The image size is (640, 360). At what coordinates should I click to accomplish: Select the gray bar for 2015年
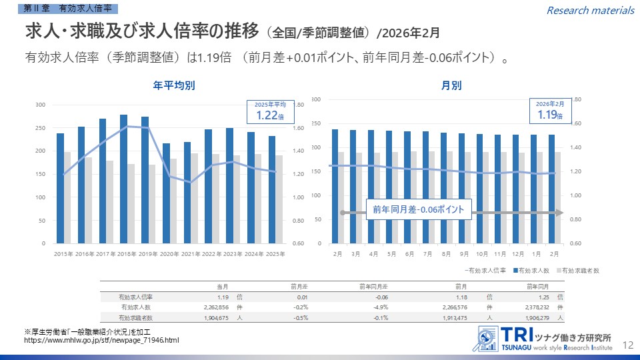click(67, 197)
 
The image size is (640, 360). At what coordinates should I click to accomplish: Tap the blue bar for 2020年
click(166, 193)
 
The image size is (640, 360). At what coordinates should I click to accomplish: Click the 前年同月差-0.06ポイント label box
click(419, 210)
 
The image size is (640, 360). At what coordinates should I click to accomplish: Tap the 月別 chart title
click(451, 85)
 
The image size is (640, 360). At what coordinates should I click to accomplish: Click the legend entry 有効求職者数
click(581, 270)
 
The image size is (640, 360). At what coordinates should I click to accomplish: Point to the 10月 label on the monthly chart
click(481, 254)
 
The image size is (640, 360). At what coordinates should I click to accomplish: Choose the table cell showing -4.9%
click(379, 307)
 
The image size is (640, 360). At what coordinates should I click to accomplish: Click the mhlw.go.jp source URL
click(101, 341)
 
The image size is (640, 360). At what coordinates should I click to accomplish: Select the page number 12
click(627, 345)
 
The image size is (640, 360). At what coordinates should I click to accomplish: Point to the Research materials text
click(590, 10)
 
